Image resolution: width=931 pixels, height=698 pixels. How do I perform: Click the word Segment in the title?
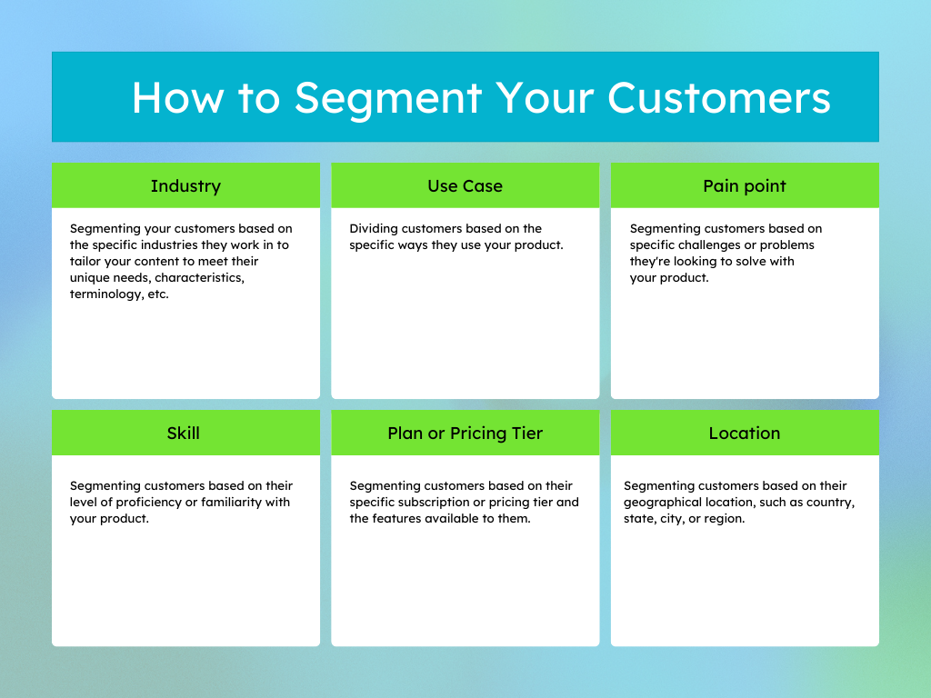[388, 97]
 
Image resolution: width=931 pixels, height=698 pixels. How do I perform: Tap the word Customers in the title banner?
[718, 97]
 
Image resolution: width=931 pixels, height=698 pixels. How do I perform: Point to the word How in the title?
[176, 97]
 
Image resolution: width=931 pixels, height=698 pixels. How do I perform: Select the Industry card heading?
[185, 186]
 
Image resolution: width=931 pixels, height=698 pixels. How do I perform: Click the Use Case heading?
[465, 186]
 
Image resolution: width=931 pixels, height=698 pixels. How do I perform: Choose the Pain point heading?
[745, 186]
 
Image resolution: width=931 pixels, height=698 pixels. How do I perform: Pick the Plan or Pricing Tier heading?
[465, 434]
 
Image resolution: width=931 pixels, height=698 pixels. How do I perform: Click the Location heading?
[745, 434]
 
